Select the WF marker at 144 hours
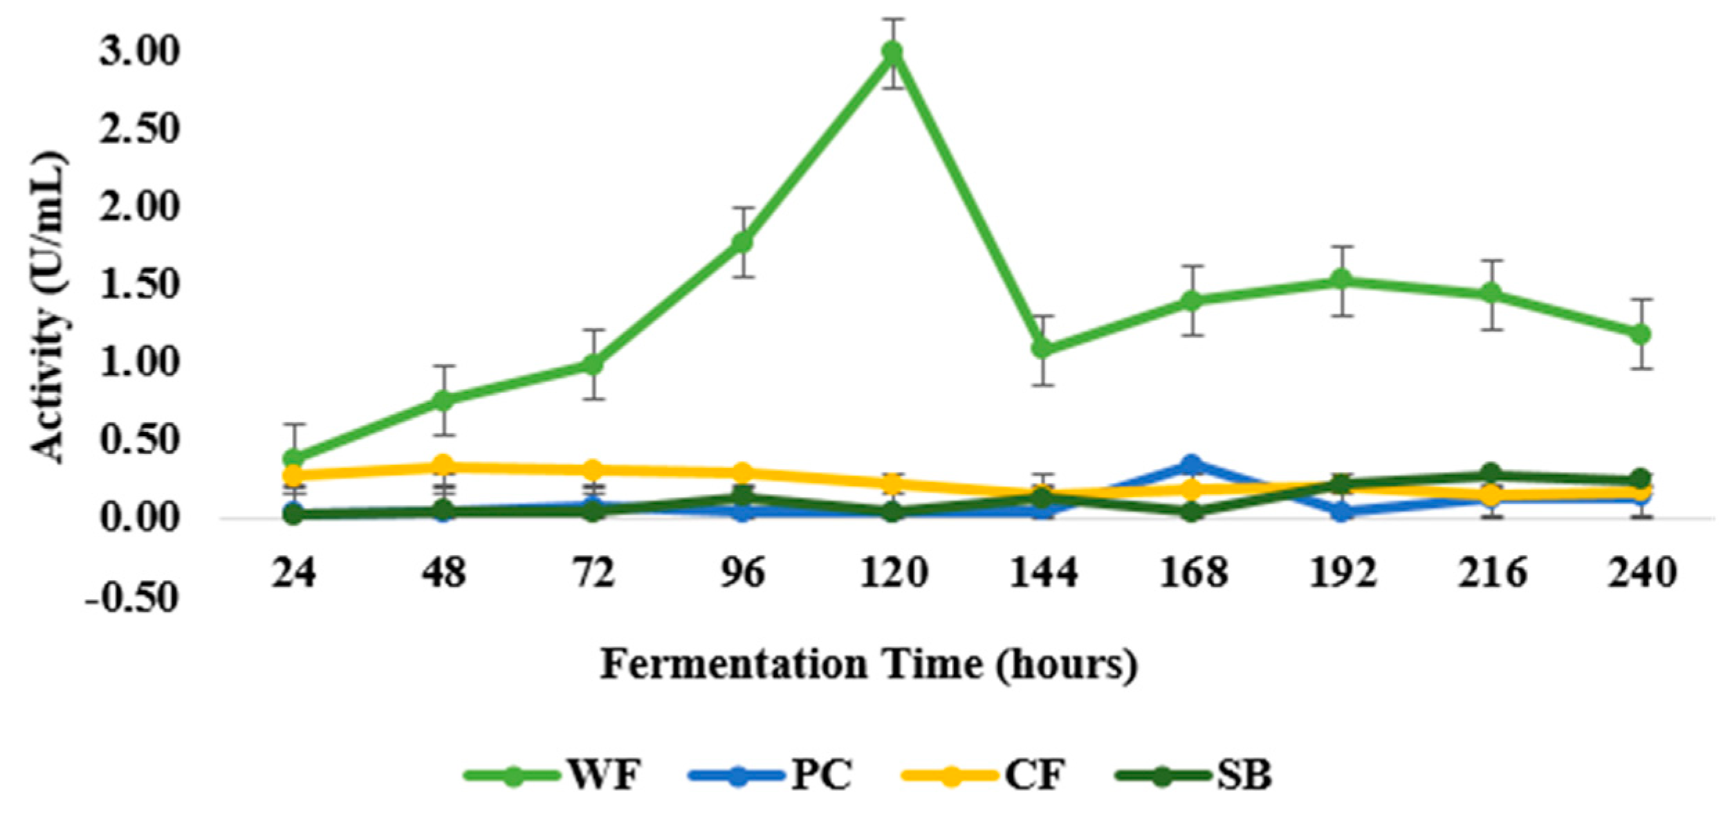(1042, 348)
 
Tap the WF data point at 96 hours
(742, 242)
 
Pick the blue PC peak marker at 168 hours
(1191, 464)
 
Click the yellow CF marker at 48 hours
(443, 465)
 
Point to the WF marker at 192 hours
(1342, 280)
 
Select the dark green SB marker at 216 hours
(1491, 474)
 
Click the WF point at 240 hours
(1641, 334)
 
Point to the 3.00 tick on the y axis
(139, 53)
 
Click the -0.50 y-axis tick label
(131, 597)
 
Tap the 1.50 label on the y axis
(139, 285)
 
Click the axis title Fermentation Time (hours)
(868, 664)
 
